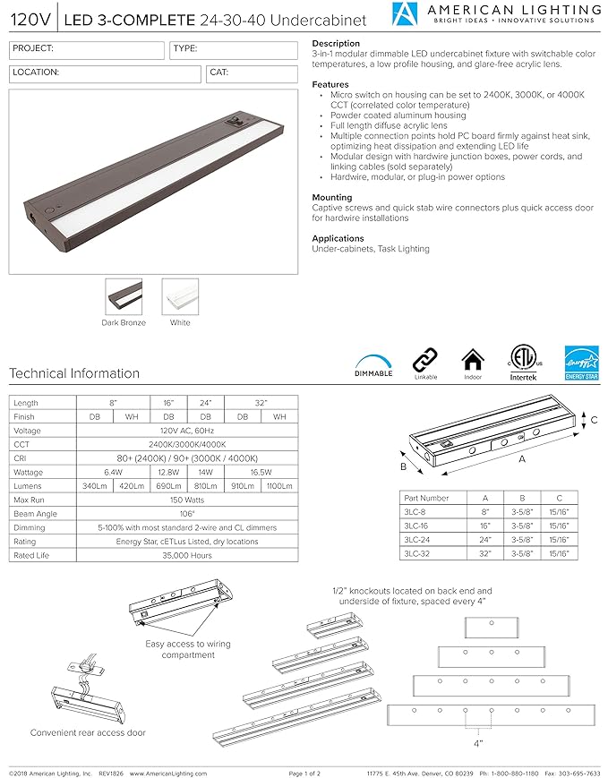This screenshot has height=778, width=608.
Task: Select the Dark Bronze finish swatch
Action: click(124, 296)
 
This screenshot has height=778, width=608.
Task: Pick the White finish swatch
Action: click(180, 296)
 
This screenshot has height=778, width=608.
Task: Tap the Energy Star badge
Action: click(580, 363)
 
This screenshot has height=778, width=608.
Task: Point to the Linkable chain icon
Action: click(424, 361)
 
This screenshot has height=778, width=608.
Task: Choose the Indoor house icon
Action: click(472, 362)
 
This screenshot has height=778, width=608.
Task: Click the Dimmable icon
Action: click(373, 359)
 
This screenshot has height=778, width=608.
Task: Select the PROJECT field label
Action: click(32, 49)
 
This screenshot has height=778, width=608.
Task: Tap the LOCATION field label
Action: click(37, 72)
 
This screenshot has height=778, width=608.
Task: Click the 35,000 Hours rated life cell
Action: click(188, 556)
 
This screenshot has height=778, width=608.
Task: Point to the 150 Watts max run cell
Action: click(188, 500)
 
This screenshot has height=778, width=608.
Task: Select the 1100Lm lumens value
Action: click(279, 486)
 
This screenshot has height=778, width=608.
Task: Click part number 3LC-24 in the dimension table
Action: click(415, 540)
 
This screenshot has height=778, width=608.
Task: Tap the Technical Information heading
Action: click(74, 373)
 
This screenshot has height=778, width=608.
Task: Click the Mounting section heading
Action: click(331, 197)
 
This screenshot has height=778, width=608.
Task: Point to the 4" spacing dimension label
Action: click(477, 743)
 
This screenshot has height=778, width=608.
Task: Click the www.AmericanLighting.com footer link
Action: click(166, 772)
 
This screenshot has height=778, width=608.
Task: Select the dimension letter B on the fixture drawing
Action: click(403, 466)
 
